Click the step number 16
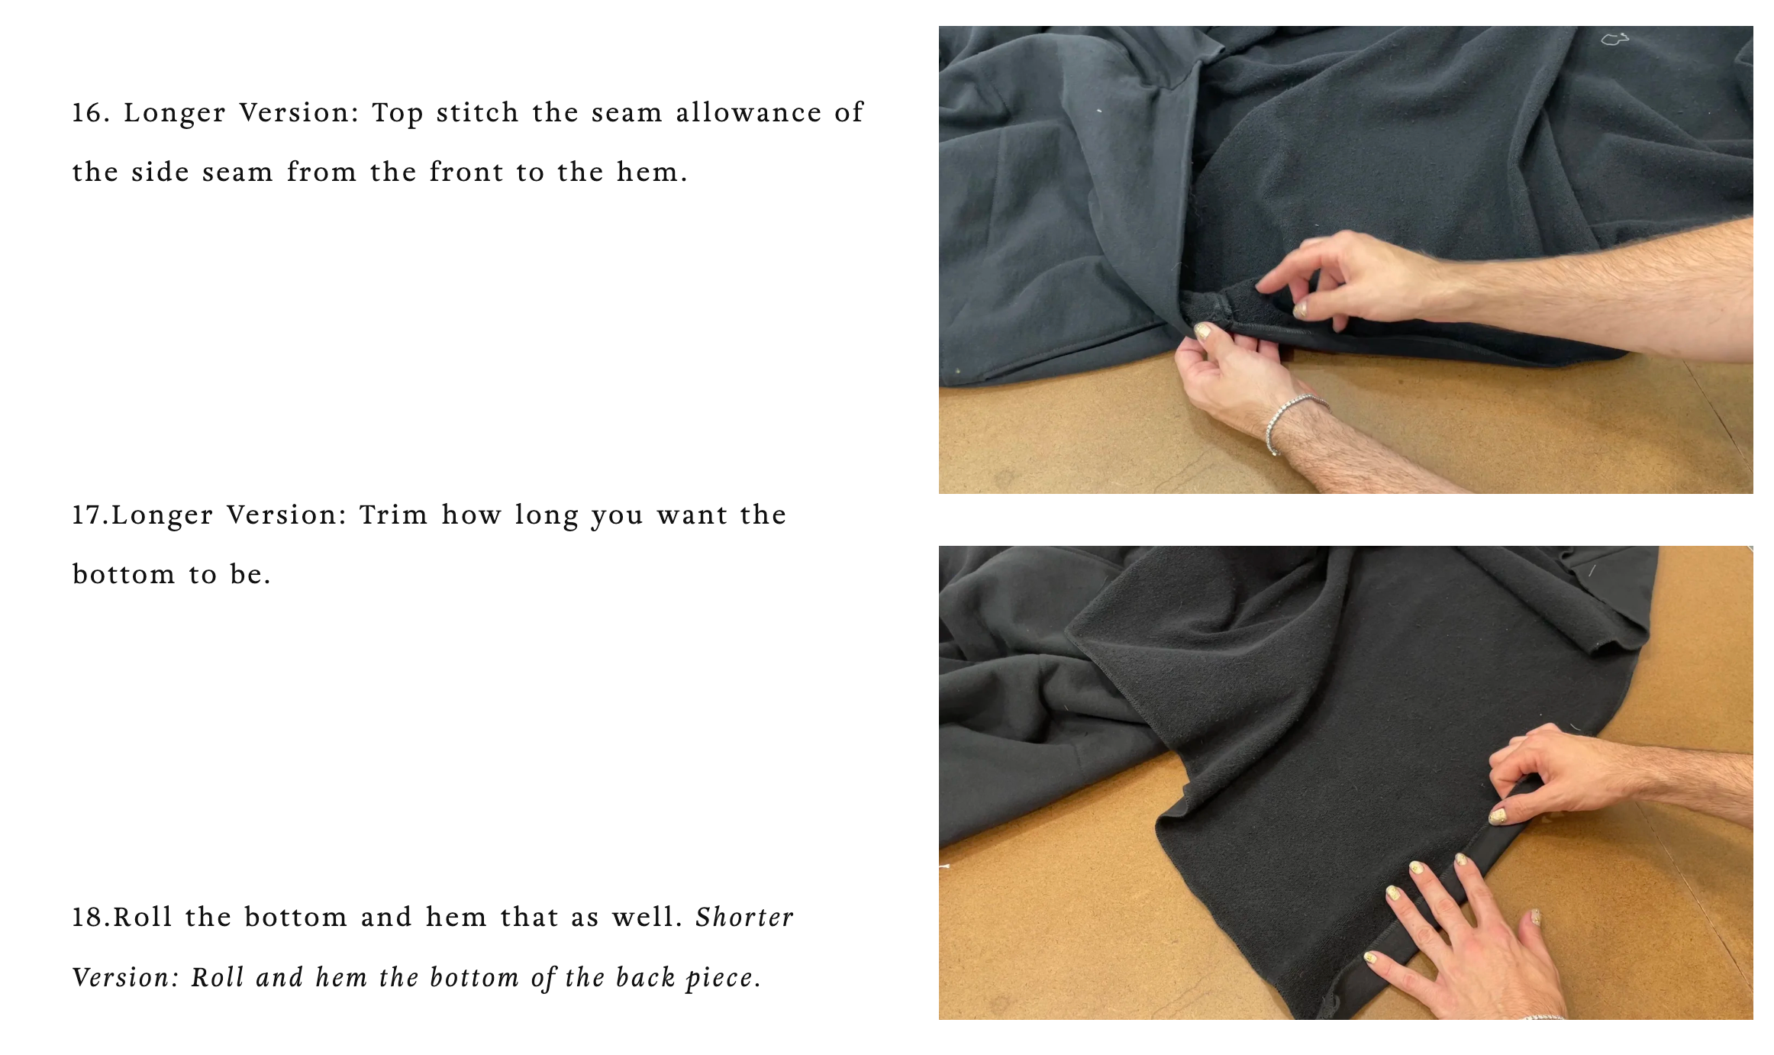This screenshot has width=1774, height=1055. (91, 113)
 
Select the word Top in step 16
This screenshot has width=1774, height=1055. (397, 114)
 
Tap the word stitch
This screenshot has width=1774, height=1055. (478, 113)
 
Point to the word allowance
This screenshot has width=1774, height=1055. (749, 113)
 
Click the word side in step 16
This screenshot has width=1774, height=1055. (160, 173)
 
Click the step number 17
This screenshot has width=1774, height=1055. (91, 515)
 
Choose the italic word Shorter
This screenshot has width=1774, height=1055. (744, 918)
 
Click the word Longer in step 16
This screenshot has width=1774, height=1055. (175, 114)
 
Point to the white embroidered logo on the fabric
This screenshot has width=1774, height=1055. (1614, 39)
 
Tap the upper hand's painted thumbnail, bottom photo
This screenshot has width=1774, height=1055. (1498, 817)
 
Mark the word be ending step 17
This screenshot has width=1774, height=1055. (250, 575)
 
